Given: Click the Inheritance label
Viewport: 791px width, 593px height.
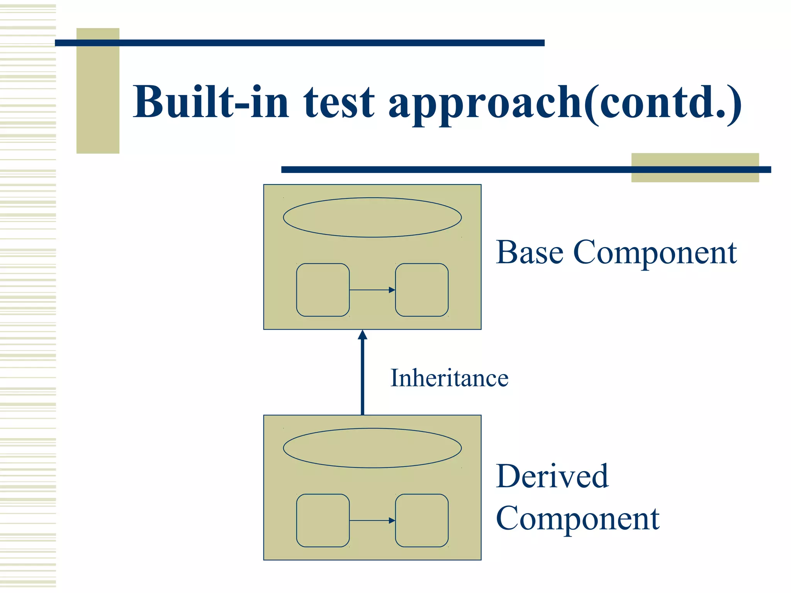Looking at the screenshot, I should (449, 378).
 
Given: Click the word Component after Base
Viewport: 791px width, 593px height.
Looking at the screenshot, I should (655, 253).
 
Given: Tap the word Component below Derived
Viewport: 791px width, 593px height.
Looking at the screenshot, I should (577, 518).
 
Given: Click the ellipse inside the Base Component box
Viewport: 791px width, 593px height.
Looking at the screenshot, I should (372, 217).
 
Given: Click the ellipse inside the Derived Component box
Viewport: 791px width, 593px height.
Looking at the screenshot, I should (372, 448).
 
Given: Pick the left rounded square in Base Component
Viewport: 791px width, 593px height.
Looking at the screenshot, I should (323, 290).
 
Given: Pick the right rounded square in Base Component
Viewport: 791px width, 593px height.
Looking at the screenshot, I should (422, 290).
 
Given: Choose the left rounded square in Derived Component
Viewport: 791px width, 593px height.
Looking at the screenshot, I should (323, 520).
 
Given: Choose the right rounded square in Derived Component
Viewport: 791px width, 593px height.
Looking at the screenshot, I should (422, 520).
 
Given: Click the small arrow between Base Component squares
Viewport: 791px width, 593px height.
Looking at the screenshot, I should (372, 290).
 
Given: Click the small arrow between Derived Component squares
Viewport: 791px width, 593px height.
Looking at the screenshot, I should (372, 520).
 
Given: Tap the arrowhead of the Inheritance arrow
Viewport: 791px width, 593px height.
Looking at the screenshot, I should (362, 335).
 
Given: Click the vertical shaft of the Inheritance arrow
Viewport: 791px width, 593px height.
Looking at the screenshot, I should (362, 378).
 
